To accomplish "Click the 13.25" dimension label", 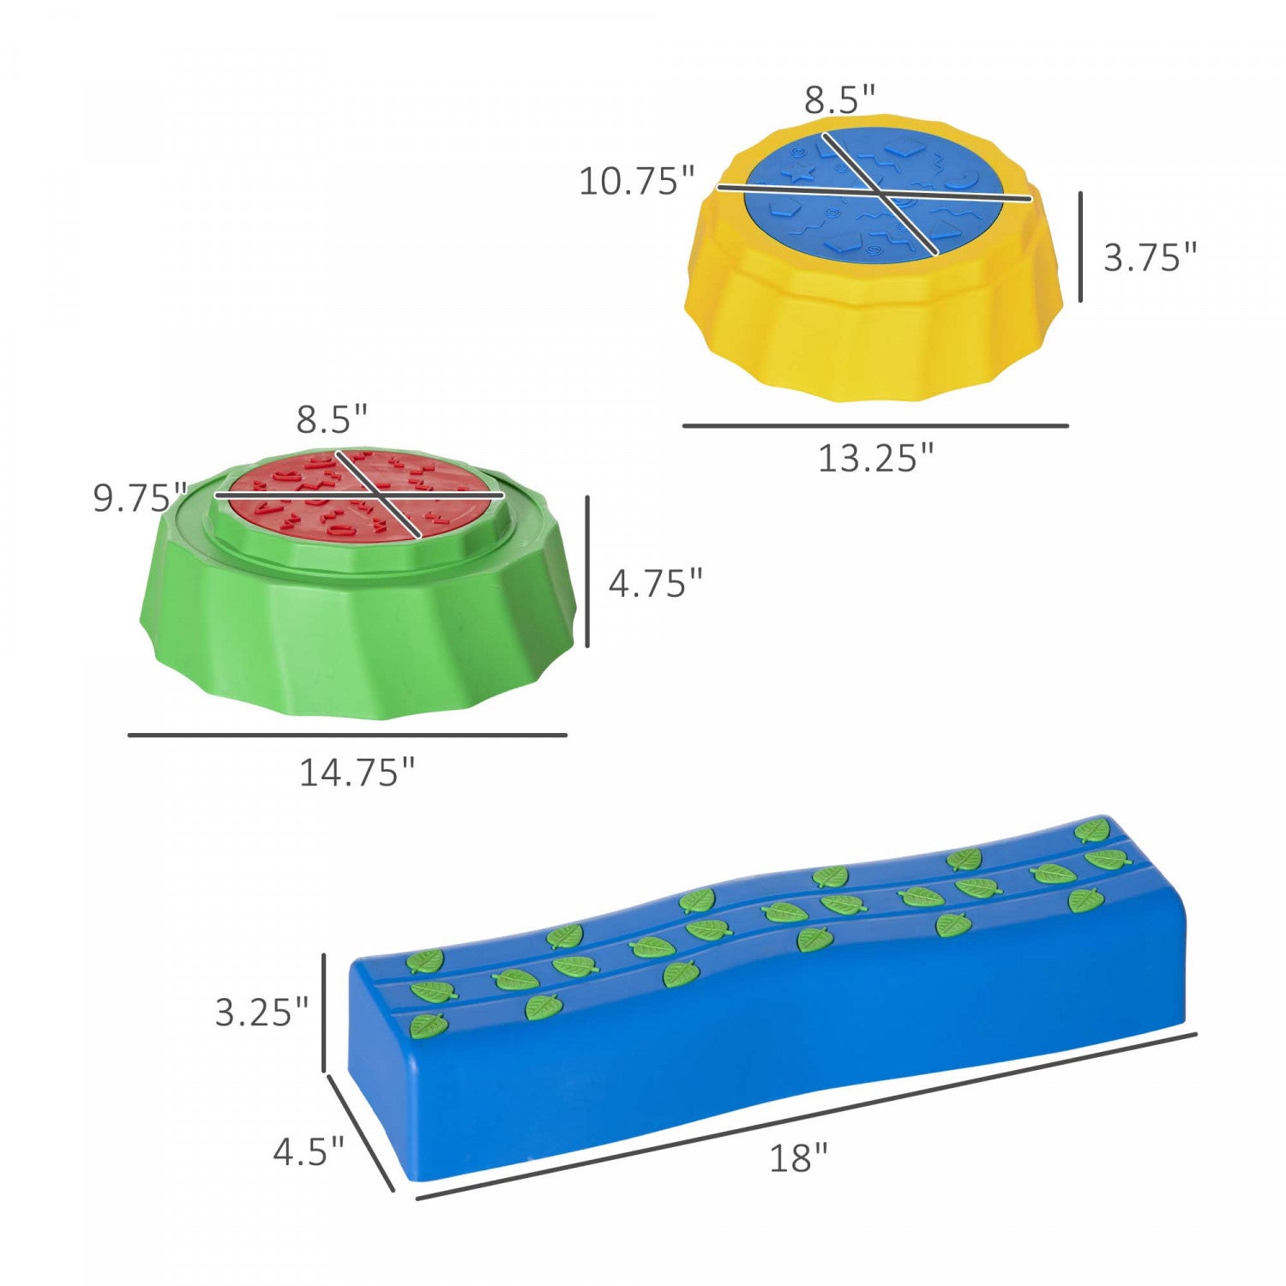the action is [x=875, y=459].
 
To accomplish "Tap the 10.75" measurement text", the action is [x=637, y=182].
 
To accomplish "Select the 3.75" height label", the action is [x=1150, y=257].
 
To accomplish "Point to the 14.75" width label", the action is [x=357, y=773].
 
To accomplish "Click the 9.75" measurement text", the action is [x=140, y=498].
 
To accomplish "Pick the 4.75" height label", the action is [x=655, y=584].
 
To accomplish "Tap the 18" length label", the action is [x=798, y=1158].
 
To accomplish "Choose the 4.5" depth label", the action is [x=309, y=1151].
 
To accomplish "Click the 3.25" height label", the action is [x=261, y=1013].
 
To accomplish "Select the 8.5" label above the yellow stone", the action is [x=839, y=100].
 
